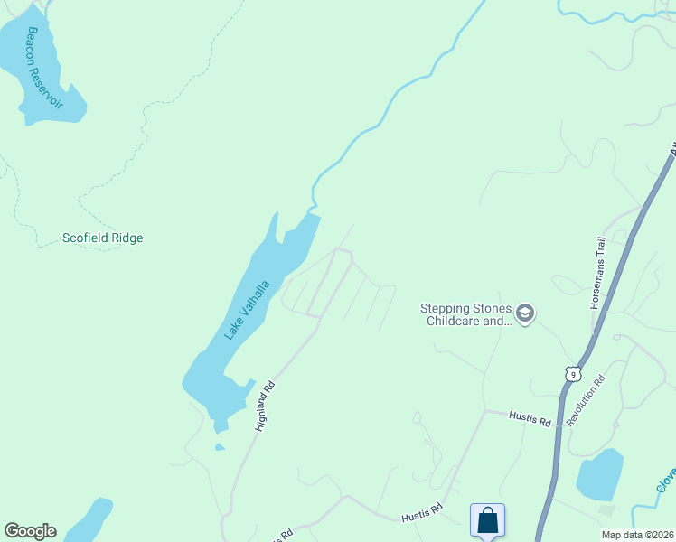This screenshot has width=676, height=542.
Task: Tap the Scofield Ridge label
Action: [102, 238]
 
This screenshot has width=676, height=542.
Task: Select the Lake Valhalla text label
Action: [247, 311]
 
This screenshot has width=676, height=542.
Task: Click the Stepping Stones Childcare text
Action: [465, 313]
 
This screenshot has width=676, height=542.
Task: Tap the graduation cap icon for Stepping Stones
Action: [526, 313]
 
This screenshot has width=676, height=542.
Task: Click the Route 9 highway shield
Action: [572, 373]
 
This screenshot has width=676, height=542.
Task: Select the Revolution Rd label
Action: [586, 401]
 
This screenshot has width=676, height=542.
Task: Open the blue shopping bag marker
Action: [487, 521]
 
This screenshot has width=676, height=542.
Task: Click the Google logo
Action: [30, 531]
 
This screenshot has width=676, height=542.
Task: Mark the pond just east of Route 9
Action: [600, 475]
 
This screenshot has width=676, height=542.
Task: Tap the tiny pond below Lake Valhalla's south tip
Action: [220, 446]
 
